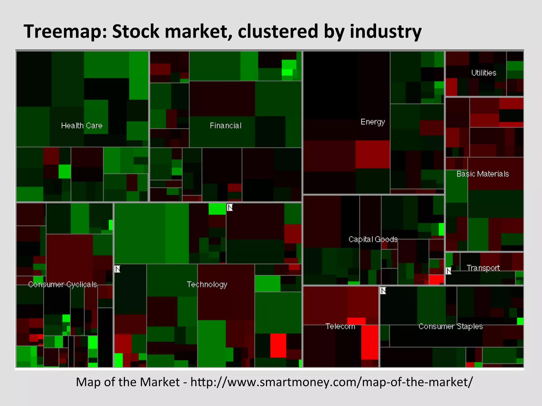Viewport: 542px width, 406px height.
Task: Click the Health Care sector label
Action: tap(82, 126)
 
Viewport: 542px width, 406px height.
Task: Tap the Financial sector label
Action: tap(225, 126)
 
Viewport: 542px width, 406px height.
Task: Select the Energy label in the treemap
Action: tap(372, 122)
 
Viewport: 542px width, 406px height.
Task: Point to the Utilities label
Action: tap(484, 73)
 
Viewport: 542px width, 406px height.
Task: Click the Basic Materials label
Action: tap(483, 174)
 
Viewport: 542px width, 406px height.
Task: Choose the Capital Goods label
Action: tap(373, 239)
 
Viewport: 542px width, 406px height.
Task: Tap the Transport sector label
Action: tap(483, 268)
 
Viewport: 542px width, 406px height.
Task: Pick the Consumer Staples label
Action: tap(450, 326)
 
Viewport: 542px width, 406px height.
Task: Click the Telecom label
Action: tap(340, 326)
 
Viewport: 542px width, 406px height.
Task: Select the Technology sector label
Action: tap(207, 284)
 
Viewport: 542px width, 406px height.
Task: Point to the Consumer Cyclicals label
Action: tap(62, 284)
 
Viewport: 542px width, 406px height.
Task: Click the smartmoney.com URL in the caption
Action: tap(331, 382)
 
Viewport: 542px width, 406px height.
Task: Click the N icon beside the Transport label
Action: tap(449, 271)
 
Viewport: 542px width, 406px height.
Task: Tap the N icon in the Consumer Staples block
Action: tap(383, 291)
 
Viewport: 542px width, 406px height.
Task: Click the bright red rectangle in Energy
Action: tap(372, 154)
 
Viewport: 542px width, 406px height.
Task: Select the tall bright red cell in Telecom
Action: tap(370, 342)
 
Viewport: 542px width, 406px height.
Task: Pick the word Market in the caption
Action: tap(160, 382)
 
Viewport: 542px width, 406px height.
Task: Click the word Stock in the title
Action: tap(136, 31)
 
